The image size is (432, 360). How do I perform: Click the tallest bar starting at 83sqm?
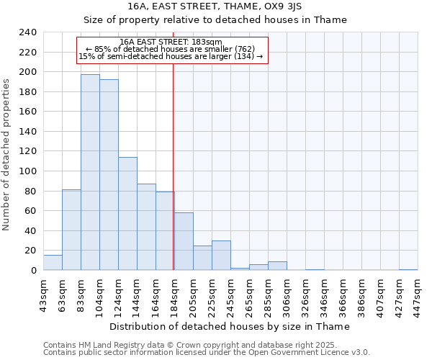point(90,173)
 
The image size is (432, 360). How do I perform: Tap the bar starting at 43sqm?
point(53,263)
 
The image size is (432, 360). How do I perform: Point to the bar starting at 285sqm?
point(277,266)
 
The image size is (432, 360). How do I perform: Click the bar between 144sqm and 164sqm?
point(146,227)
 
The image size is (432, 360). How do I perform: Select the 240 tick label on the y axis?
point(27,32)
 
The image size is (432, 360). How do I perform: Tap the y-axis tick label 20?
point(30,251)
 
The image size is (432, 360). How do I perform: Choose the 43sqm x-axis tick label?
point(44,294)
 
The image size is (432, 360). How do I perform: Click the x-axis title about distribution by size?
point(230,326)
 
